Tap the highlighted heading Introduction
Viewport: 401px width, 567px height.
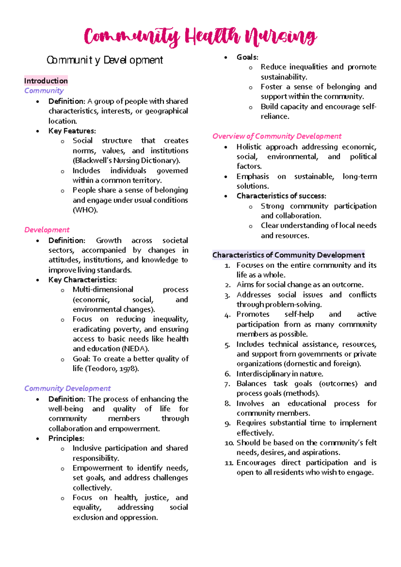46,81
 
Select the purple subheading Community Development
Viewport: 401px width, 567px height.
67,388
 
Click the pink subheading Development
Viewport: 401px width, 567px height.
47,230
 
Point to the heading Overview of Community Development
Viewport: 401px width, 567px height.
277,136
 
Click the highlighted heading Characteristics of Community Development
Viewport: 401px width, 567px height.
288,255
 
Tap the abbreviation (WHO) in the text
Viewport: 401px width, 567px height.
85,210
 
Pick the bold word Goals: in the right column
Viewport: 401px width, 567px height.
247,57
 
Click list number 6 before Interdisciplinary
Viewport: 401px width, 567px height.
228,374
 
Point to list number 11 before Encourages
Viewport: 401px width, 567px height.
229,463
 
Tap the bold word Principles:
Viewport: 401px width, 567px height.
66,438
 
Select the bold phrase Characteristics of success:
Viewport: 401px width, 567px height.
281,196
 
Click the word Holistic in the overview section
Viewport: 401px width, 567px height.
249,147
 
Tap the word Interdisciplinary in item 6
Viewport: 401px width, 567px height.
263,374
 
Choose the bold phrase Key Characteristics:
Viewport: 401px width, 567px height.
83,279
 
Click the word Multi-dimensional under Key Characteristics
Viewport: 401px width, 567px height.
103,290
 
